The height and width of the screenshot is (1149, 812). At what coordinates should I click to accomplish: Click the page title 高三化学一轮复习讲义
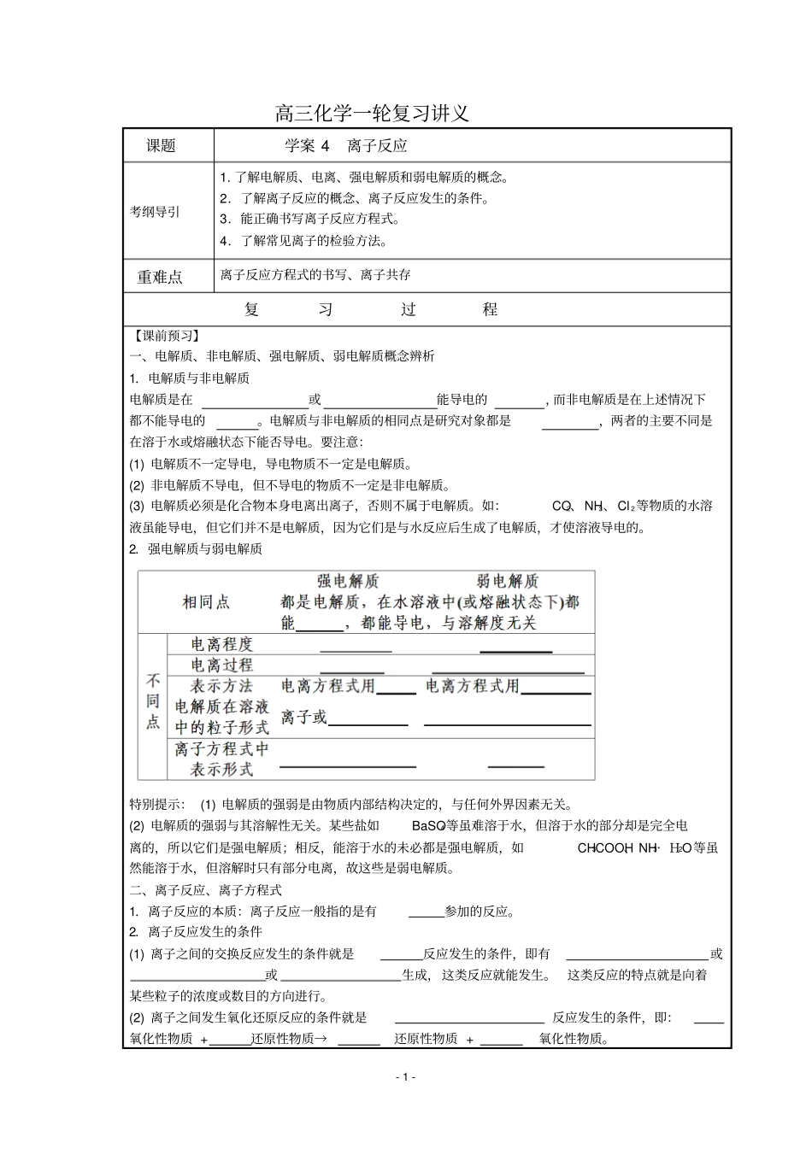tap(372, 113)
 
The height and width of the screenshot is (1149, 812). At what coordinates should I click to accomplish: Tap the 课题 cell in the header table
tap(161, 146)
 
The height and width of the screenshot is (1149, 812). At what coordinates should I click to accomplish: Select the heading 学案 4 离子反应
tap(345, 146)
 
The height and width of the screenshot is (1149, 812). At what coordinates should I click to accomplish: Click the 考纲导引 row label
tap(155, 211)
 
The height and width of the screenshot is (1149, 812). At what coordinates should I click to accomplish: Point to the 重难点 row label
tap(160, 277)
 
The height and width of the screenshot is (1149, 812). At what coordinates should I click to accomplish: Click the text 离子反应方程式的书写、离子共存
tap(315, 275)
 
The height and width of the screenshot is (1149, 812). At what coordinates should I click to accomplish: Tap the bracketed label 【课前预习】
tap(164, 336)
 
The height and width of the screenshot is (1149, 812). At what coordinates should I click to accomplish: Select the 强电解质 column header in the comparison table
tap(348, 581)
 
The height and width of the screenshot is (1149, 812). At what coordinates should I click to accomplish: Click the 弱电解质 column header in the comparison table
tap(508, 581)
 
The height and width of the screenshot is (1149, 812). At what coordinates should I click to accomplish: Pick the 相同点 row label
tap(206, 602)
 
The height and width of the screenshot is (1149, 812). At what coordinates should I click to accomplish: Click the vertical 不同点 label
tap(153, 701)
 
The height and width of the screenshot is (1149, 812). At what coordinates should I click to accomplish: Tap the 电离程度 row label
tap(222, 645)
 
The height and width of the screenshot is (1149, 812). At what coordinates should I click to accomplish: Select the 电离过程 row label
tap(222, 665)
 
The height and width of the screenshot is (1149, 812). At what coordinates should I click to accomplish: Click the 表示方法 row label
tap(222, 686)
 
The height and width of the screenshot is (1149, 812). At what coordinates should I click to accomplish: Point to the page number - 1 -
tap(406, 1076)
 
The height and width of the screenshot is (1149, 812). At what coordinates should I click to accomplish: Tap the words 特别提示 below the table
tap(156, 804)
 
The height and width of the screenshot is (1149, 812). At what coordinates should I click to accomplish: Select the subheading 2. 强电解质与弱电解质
tap(196, 549)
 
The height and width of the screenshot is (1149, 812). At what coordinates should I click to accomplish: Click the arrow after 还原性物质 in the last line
tap(321, 1039)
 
